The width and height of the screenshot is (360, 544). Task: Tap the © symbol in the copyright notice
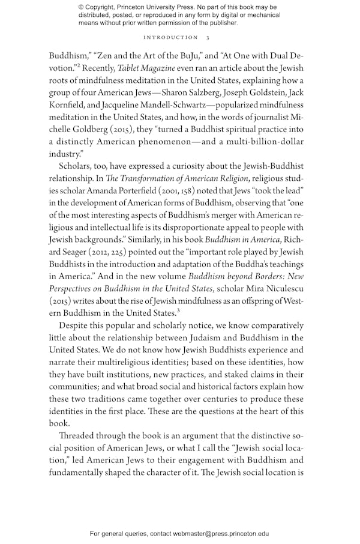(x=82, y=7)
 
